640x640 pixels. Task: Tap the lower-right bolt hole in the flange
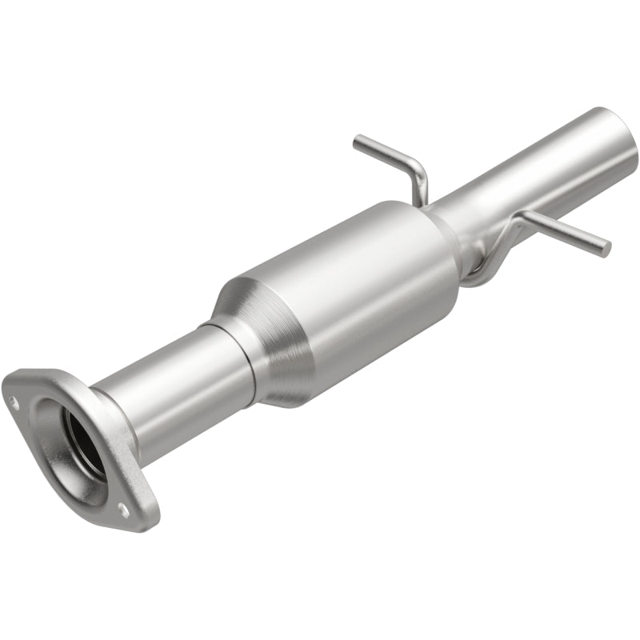click(x=122, y=507)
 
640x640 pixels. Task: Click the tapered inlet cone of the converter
click(x=264, y=336)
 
